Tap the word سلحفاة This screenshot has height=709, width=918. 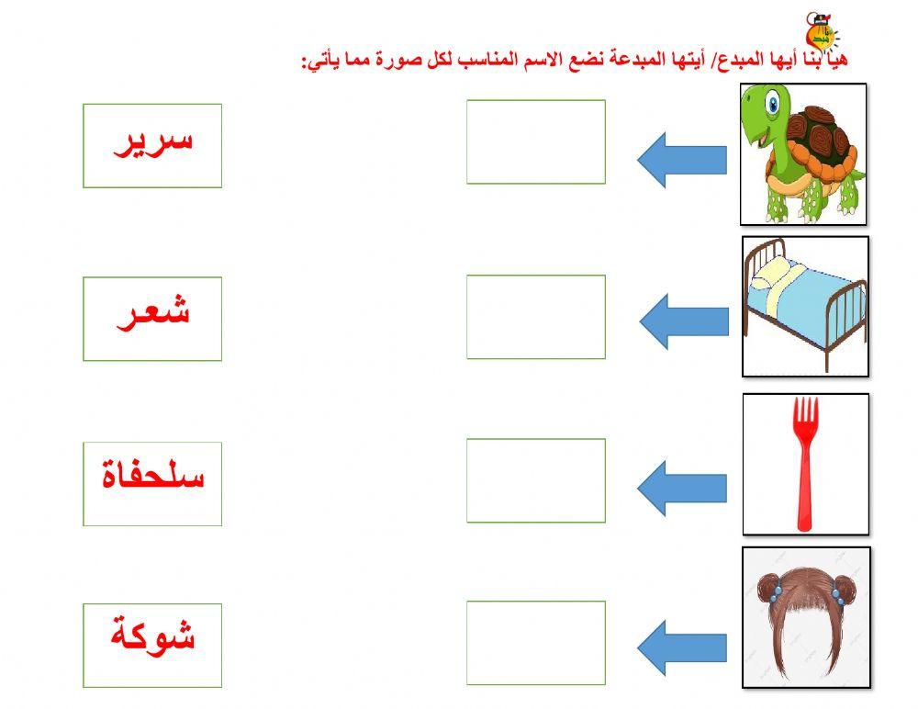(x=153, y=477)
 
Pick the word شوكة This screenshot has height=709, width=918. (x=153, y=635)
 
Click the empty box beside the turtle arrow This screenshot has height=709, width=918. (x=536, y=141)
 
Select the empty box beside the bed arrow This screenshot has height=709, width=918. (x=536, y=317)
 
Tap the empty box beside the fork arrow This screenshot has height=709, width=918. (x=536, y=480)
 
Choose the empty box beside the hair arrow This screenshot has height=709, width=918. (x=536, y=643)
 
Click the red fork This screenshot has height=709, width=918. (x=805, y=459)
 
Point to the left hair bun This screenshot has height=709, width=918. (x=769, y=582)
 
